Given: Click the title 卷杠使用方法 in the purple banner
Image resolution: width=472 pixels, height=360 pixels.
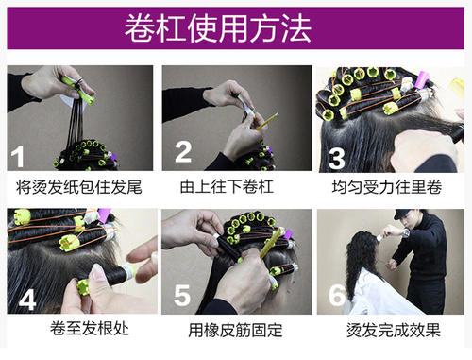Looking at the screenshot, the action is point(218,28).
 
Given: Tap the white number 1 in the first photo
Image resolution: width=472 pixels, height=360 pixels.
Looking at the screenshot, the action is point(18,157).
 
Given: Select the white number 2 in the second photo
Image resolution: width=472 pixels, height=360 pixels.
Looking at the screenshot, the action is point(183,152).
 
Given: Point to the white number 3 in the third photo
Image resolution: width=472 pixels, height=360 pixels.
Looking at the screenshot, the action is point(337,159).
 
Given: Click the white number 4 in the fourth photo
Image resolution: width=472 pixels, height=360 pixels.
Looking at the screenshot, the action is point(27,300).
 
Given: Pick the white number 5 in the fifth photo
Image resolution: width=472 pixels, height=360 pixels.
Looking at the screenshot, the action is point(182,295).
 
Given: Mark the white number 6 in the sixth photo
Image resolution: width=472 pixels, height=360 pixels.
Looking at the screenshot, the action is point(336,295).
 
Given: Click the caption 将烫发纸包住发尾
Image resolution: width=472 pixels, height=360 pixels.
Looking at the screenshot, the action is point(79,187).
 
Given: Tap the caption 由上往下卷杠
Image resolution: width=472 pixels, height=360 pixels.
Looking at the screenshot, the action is point(227,186).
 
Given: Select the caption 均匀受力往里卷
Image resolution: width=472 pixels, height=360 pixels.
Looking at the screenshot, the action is point(387,187).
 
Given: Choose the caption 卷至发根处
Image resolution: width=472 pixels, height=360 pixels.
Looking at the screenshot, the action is point(90,328).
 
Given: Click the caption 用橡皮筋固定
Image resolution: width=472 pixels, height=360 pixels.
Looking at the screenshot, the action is point(235,330).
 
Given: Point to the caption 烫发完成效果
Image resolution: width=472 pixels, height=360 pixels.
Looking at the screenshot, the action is point(394,330).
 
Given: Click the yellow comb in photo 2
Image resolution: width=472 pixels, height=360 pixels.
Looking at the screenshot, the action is point(267,122).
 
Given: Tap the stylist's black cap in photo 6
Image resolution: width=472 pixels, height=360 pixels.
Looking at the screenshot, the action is point(404,214).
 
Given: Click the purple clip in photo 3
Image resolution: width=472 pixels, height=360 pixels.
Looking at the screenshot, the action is point(422,79).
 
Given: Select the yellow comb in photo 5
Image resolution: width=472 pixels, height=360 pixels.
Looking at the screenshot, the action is point(271,244).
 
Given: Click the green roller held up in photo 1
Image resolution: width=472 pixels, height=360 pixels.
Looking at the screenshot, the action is point(78,91).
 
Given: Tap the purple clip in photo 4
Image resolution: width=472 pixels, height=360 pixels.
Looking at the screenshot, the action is point(105,214).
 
